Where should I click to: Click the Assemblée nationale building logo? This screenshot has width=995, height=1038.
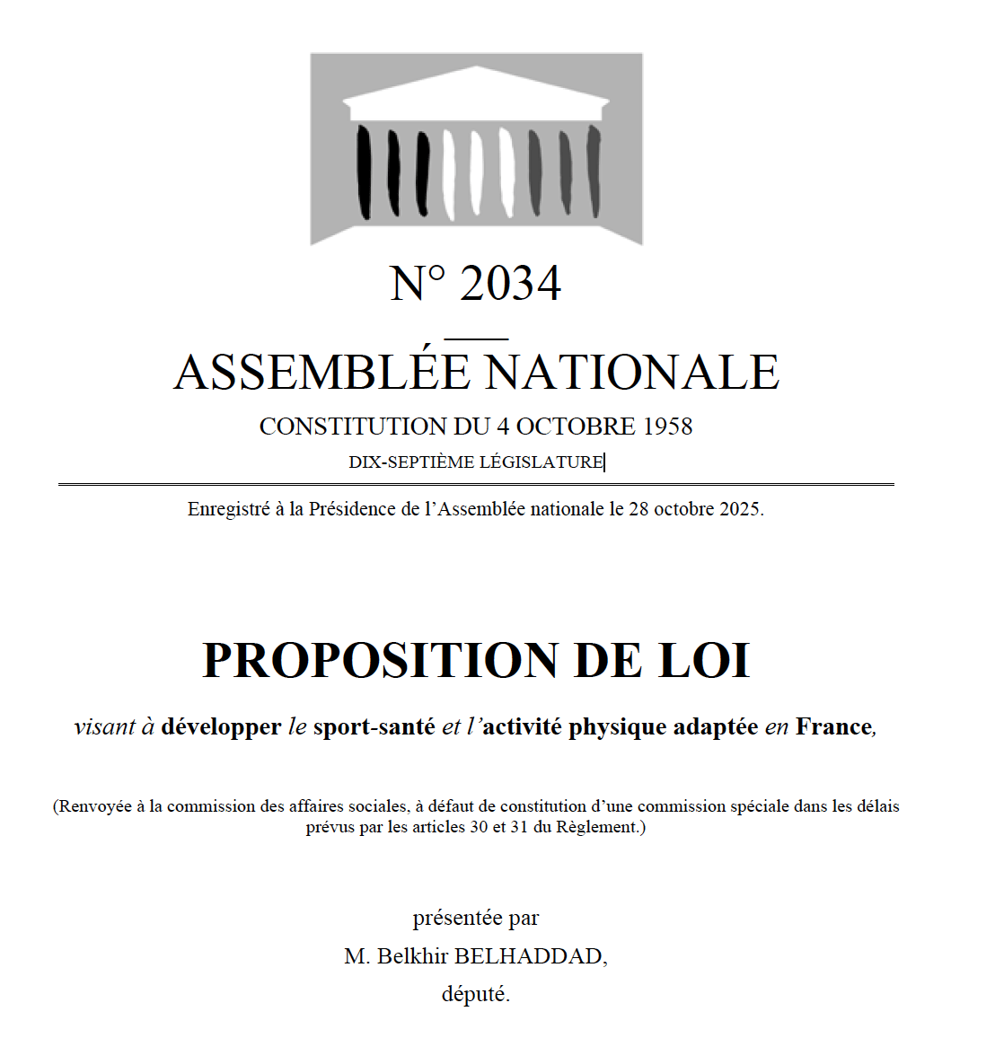(476, 148)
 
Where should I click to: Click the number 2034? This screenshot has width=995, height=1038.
(510, 284)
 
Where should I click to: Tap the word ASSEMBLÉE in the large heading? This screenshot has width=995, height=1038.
(321, 373)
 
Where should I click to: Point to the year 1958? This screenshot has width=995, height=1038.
(667, 427)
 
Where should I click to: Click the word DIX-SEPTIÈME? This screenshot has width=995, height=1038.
(411, 462)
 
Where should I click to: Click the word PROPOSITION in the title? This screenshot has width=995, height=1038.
(381, 661)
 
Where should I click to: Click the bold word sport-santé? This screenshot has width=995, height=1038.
(374, 726)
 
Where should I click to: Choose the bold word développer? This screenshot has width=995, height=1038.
(221, 727)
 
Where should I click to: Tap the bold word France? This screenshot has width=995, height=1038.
(833, 726)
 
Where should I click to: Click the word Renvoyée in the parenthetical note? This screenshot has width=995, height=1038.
(94, 806)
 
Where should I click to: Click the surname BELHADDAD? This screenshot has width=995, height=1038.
(529, 956)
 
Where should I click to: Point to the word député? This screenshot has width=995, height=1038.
(475, 995)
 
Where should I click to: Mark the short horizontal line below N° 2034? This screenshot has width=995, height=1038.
(476, 339)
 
